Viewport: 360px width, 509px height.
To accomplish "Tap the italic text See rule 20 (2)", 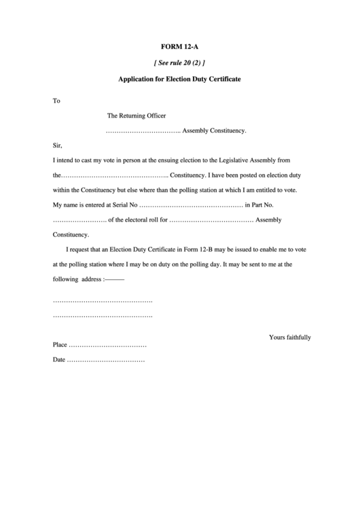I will tap(180, 63).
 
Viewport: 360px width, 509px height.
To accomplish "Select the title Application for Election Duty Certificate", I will tap(180, 79).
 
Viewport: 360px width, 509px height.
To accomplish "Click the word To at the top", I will tap(56, 101).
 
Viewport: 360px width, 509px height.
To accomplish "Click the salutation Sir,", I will tap(57, 145).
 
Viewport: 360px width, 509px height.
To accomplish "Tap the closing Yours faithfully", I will tap(289, 337).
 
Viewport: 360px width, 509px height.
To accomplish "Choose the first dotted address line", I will tap(103, 300).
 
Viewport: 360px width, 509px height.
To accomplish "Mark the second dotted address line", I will tap(103, 316).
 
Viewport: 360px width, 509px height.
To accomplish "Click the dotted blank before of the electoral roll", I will tap(79, 220).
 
